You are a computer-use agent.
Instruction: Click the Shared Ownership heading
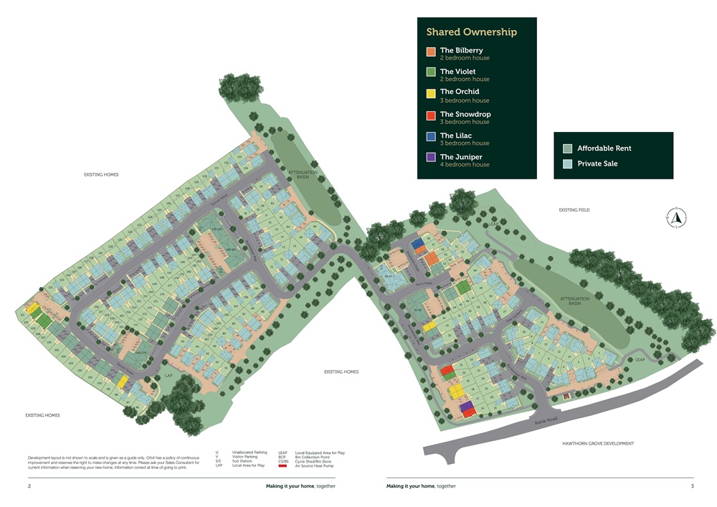pos(471,32)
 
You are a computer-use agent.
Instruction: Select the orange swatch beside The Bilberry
pos(430,52)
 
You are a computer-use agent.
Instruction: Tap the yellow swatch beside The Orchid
pos(430,93)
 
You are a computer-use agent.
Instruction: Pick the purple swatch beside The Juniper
pos(430,158)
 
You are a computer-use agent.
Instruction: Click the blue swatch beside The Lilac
pos(430,137)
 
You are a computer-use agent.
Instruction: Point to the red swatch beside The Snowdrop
pos(430,115)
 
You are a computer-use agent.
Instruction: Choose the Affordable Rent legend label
pos(604,148)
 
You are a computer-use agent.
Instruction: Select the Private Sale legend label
pos(597,164)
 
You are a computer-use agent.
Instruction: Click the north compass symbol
pos(676,216)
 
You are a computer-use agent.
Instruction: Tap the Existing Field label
pos(579,210)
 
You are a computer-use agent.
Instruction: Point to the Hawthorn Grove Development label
pos(598,444)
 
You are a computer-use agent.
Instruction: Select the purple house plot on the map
pos(467,407)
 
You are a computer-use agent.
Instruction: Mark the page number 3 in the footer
pos(692,485)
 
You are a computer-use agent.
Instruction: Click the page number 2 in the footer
pos(29,485)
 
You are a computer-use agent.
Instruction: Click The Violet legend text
pos(457,72)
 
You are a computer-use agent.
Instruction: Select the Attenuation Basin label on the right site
pos(574,301)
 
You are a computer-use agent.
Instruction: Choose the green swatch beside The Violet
pos(430,72)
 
